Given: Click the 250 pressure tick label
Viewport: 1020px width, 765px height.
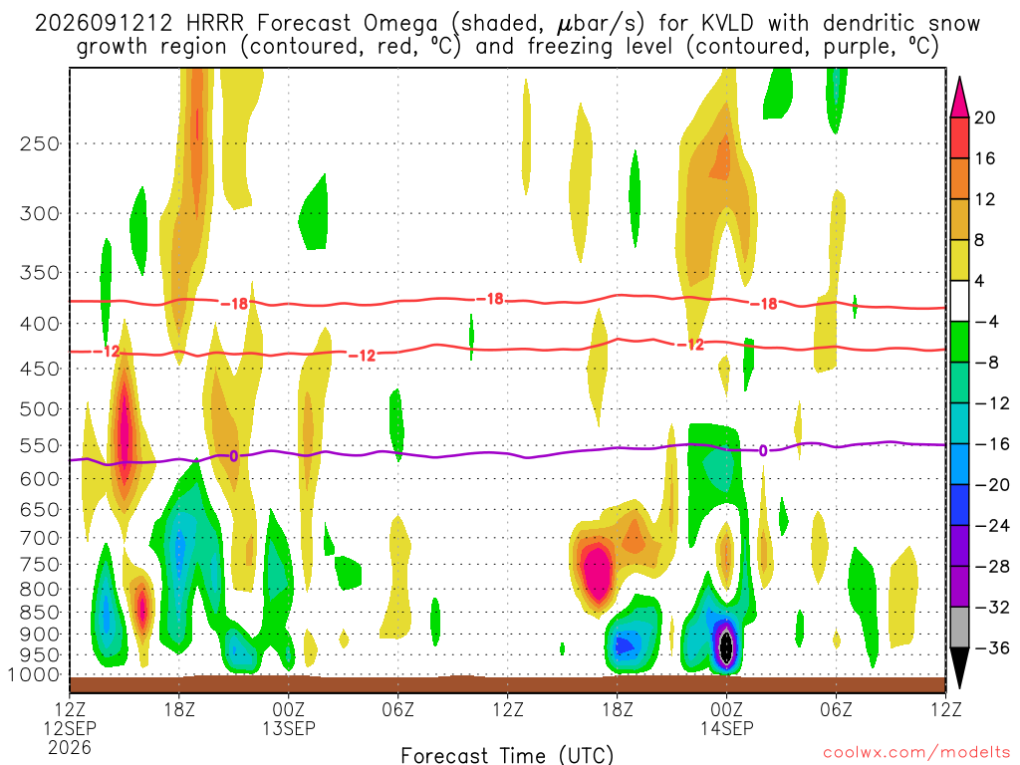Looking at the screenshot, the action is coord(40,143).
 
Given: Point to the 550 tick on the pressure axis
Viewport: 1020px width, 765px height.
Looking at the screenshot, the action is coord(40,446).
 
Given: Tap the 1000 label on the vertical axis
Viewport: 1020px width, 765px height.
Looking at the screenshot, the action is coord(34,675).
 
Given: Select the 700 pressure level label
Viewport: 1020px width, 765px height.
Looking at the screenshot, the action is coord(40,538).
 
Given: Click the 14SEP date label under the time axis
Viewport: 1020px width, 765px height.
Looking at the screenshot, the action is coord(726,728).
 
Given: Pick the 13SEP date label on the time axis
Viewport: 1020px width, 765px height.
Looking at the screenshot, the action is coord(289,728).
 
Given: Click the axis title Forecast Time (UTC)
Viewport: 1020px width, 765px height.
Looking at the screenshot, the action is coord(507,755).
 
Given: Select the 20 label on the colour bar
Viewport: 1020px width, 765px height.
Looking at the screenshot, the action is coord(984,118).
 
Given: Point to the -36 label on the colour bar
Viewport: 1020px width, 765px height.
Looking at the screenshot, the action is coord(992,647).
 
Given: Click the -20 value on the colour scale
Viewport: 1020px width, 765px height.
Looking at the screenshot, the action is coord(992,485).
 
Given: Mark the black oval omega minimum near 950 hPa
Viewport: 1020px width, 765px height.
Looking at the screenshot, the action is coord(726,646).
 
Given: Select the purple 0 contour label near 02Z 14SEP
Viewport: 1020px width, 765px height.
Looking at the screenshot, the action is coord(763,451).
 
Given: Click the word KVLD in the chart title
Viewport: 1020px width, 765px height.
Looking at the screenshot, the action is coord(728,24).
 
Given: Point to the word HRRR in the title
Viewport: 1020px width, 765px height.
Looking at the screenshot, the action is coord(215,24).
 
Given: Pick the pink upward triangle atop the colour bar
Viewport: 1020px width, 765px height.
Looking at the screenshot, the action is coord(959,97).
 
